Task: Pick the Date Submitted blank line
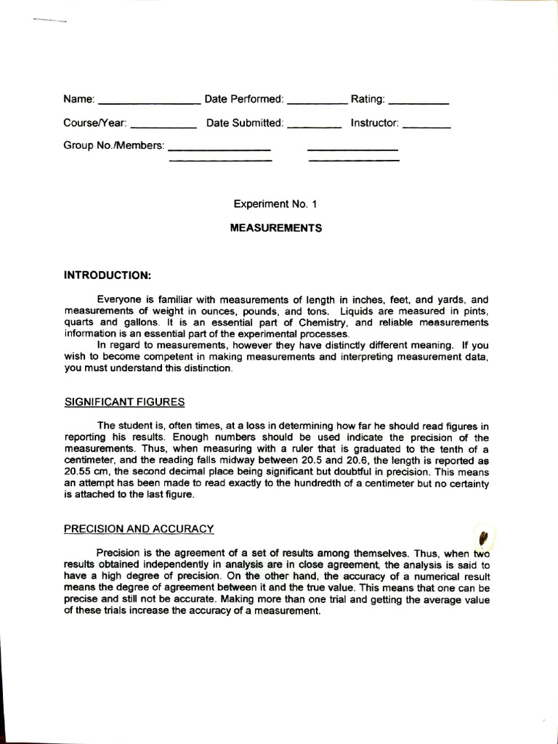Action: [x=315, y=127]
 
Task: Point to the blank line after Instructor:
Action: [x=426, y=127]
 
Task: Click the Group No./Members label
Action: [x=114, y=145]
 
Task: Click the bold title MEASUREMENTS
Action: [x=276, y=227]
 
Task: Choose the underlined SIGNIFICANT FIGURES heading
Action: [x=124, y=402]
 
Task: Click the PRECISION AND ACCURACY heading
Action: [x=139, y=528]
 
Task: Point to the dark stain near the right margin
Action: [x=483, y=539]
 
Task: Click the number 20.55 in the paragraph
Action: [x=78, y=470]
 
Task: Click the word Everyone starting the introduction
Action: [x=120, y=299]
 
